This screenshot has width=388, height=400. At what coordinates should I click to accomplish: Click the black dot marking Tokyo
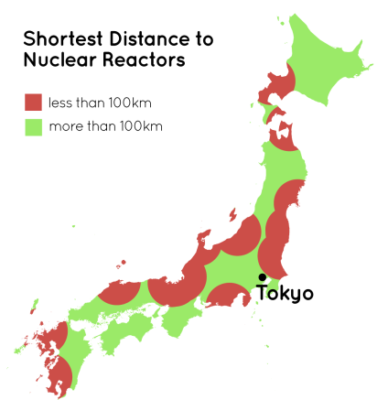pyautogui.click(x=262, y=276)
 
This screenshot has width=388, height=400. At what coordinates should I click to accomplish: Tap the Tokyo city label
pyautogui.click(x=285, y=294)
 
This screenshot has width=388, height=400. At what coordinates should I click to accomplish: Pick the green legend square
pyautogui.click(x=33, y=125)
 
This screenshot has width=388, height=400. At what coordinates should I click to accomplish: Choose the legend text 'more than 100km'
pyautogui.click(x=106, y=125)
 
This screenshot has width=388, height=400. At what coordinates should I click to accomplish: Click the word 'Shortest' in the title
pyautogui.click(x=61, y=40)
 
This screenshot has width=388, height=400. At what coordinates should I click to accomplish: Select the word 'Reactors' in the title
pyautogui.click(x=140, y=61)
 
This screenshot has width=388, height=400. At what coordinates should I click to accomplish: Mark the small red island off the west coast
pyautogui.click(x=232, y=216)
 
